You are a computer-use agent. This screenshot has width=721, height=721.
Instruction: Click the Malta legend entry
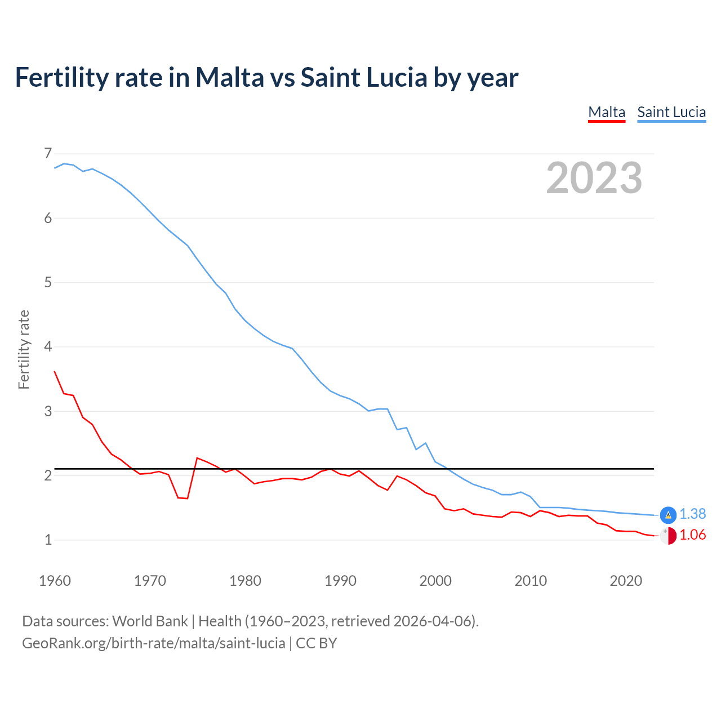click(607, 112)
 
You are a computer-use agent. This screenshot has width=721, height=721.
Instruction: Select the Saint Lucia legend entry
click(671, 112)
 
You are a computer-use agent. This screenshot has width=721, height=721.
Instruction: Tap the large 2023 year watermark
click(594, 178)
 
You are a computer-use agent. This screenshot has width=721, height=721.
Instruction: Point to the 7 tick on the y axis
click(48, 153)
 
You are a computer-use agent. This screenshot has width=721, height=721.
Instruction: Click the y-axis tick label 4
click(48, 346)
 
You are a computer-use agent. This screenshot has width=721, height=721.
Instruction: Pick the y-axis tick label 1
click(48, 540)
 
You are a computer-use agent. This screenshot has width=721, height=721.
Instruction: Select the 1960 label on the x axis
click(55, 581)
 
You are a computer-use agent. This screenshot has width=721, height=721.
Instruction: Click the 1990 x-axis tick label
click(340, 581)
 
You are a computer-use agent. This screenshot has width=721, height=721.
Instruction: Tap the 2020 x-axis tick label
click(626, 581)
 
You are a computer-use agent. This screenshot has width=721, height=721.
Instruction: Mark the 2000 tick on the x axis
click(435, 581)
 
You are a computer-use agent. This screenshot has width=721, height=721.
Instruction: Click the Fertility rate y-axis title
click(24, 349)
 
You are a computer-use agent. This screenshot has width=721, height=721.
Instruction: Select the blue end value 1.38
click(692, 514)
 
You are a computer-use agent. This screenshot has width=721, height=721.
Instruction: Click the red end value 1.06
click(692, 535)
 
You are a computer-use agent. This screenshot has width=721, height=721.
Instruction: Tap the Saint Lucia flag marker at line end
click(668, 514)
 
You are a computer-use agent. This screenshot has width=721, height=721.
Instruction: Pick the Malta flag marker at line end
click(668, 536)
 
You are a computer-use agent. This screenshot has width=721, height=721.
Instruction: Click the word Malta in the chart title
click(229, 77)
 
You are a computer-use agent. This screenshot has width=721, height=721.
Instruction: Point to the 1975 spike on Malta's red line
click(197, 458)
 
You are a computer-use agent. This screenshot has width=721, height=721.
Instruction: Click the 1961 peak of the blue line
click(64, 163)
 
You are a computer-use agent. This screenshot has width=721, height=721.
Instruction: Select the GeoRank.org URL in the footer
click(153, 643)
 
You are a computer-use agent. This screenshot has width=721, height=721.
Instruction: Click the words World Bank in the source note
click(150, 621)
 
